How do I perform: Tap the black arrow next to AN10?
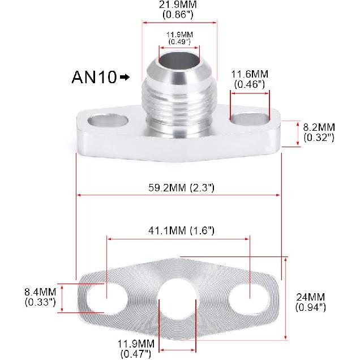(x=125, y=78)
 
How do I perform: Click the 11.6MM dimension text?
(x=250, y=75)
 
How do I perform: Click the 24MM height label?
(x=311, y=297)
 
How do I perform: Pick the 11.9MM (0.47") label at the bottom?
(x=136, y=344)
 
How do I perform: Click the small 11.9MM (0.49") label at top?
(x=179, y=35)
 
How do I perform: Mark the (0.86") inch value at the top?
(x=179, y=15)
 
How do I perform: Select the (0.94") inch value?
(x=311, y=307)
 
